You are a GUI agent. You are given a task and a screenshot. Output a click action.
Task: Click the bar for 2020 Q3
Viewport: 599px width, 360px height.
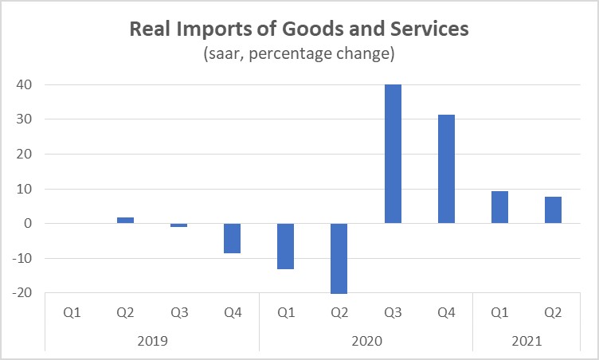coord(393,154)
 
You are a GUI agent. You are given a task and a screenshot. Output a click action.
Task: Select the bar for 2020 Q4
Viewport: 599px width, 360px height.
coord(446,169)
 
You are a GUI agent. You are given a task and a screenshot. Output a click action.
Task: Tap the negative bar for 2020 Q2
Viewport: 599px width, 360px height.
coord(339,258)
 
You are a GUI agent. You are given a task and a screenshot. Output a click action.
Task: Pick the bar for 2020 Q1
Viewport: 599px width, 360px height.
coord(286,246)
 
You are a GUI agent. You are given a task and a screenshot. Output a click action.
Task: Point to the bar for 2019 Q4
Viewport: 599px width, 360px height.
coord(232,238)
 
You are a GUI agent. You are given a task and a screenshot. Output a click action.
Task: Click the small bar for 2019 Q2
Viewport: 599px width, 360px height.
coord(125,220)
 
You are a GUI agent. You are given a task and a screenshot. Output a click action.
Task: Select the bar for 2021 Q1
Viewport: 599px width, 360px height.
coord(499,207)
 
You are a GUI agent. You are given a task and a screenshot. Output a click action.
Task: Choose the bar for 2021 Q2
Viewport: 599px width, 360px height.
coord(553,209)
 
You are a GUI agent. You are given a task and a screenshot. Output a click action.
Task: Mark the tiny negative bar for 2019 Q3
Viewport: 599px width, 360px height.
coord(178,225)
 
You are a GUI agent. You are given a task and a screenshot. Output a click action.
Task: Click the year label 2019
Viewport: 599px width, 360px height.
coord(151,341)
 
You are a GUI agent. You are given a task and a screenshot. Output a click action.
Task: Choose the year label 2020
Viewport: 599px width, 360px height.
coord(366,341)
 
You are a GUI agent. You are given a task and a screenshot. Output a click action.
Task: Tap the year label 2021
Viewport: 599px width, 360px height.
coord(526,341)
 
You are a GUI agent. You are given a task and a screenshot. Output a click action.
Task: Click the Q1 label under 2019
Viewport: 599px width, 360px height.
coord(72,312)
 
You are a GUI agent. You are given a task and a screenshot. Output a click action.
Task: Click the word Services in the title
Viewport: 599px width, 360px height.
coord(433,29)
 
